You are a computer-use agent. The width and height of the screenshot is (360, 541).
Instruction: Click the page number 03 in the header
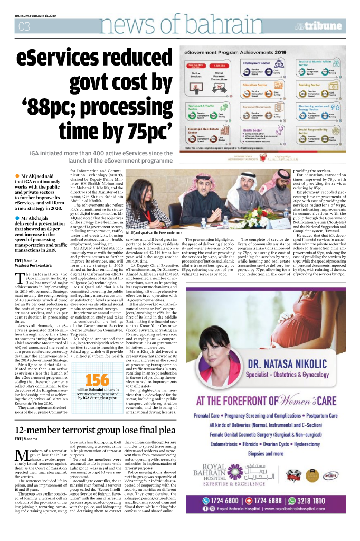pyautogui.click(x=24, y=26)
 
